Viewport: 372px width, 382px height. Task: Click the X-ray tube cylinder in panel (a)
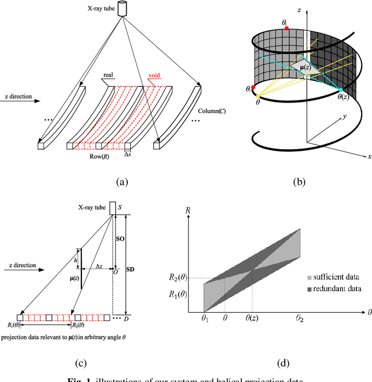(x=122, y=9)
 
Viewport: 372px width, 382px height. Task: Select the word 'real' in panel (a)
(x=108, y=75)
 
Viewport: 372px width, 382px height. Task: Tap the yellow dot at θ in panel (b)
(x=259, y=95)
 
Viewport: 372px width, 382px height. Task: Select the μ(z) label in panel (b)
(x=298, y=68)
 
